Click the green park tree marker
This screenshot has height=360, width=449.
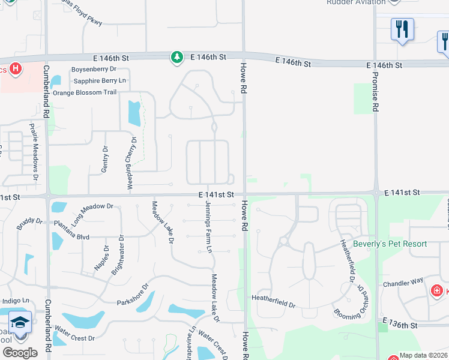(176, 58)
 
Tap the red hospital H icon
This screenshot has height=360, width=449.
(16, 68)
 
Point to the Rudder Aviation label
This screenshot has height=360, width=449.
(355, 2)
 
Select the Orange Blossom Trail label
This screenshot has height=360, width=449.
(85, 92)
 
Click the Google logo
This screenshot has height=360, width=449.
(20, 353)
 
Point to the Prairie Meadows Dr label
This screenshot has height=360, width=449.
(34, 153)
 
